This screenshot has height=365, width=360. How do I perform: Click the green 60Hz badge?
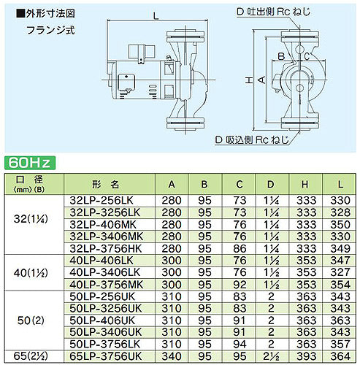pos(30,163)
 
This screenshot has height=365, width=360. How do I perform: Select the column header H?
pos(305,185)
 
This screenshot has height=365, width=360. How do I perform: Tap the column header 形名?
pos(106,185)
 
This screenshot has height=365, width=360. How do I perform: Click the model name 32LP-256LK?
pos(102,200)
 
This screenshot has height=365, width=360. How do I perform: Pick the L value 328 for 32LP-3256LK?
pos(340,212)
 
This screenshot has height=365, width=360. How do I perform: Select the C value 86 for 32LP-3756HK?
pos(240,248)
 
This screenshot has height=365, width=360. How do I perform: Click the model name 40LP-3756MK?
pos(107,285)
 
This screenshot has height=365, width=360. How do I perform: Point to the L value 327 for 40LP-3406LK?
pos(340,272)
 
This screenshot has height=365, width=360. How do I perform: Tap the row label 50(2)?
pos(31,320)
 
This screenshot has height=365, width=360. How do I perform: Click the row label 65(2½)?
pos(31,356)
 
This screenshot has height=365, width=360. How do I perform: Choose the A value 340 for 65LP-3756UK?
pos(172,356)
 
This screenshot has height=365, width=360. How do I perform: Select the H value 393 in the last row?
pos(306,356)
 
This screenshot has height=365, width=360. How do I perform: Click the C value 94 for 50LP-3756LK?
pos(240,344)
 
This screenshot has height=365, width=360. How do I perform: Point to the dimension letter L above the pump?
pos(156,16)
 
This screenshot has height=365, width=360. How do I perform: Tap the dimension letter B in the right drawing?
pos(281,56)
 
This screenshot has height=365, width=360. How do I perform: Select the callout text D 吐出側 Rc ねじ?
pos(274,12)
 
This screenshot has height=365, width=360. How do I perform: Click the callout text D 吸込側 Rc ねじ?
pos(252,140)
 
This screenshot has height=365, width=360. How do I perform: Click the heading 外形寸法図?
pos(46,14)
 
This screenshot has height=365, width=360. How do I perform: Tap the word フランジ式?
pos(50,30)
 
